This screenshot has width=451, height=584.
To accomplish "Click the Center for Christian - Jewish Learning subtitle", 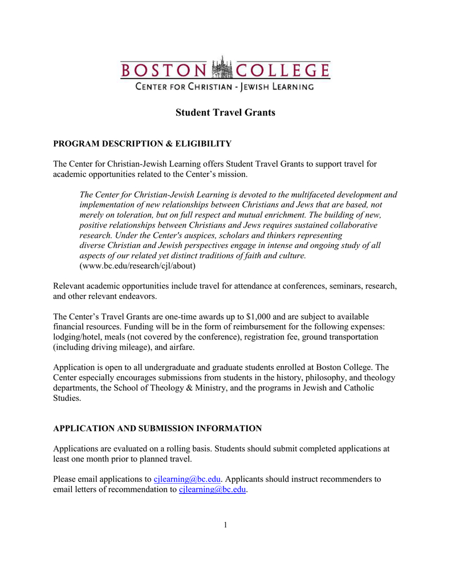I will [224, 87].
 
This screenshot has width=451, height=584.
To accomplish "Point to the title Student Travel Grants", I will [225, 112].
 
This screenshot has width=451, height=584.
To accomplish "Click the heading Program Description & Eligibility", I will [142, 143].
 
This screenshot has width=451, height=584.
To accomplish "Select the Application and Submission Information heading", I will [157, 428].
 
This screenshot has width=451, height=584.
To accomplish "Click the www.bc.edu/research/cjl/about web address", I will [137, 266].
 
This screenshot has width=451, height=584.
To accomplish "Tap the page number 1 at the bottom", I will [225, 525].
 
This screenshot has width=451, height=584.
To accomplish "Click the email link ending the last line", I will [212, 489].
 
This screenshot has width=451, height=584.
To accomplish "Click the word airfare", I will [178, 347].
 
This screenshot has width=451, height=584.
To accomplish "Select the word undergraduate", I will [153, 368].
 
